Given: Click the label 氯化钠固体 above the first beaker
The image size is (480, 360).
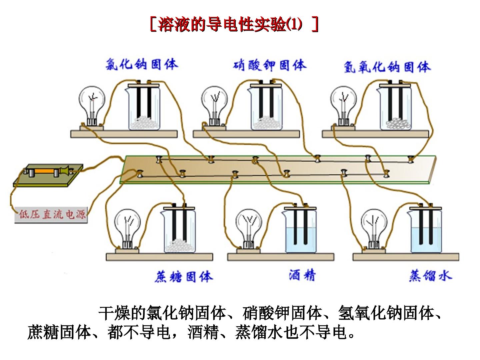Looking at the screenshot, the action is coord(142,64).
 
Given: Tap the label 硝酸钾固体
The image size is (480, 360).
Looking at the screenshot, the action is coord(269,65).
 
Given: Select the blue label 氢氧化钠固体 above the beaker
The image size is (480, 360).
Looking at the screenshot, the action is coord(387,67).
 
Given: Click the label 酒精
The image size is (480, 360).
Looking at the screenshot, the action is coord(302,275).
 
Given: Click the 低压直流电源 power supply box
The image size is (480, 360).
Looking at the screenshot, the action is coord(51,215).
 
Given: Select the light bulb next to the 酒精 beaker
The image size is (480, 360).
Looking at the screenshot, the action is coord(249,229).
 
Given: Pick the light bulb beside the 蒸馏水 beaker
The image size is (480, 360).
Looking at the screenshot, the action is coord(374,229).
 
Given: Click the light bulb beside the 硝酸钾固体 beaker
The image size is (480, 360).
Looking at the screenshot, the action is coord(214,106).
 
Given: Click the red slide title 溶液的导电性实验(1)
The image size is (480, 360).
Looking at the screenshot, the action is coord(234,24).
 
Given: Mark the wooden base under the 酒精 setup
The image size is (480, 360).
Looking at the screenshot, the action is coord(281,257).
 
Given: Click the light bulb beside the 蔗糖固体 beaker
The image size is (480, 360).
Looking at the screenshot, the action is coord(127,229).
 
